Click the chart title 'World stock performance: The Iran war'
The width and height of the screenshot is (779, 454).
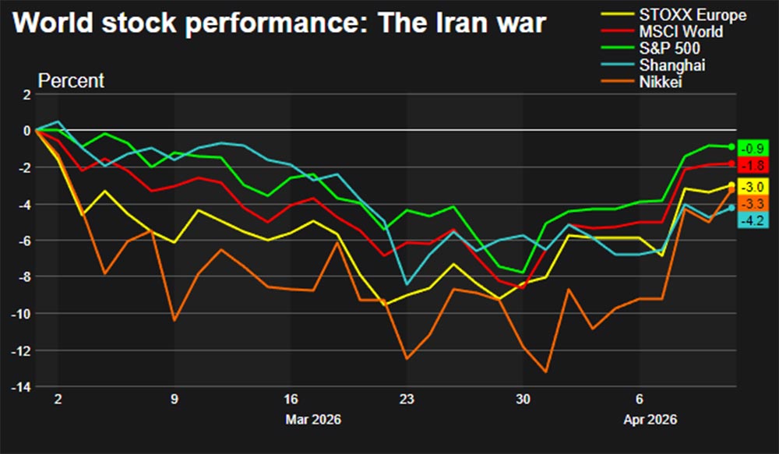[x=280, y=24]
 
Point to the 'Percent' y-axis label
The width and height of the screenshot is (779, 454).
[x=71, y=81]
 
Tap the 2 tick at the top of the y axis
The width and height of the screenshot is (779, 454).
[x=26, y=94]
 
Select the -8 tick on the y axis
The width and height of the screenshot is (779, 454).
[x=24, y=277]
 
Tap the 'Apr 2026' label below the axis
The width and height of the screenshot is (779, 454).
[x=649, y=420]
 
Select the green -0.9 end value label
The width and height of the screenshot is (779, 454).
[x=754, y=148]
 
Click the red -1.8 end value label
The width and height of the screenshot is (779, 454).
[x=754, y=165]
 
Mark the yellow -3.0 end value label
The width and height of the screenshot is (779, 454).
[x=754, y=187]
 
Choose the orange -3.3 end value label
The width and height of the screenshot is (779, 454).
[x=754, y=204]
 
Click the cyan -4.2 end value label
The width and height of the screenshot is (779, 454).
[x=754, y=220]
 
